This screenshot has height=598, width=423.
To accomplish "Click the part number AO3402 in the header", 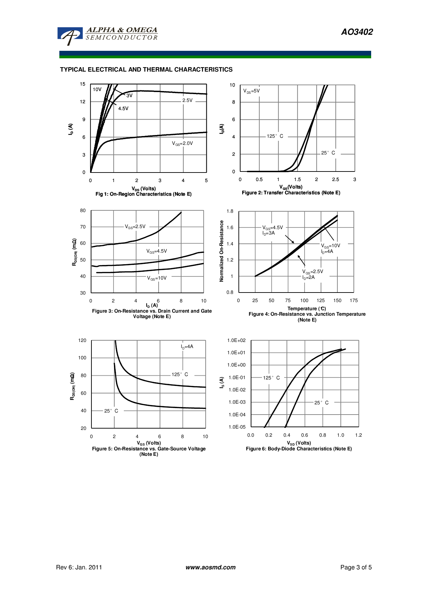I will coord(357,32).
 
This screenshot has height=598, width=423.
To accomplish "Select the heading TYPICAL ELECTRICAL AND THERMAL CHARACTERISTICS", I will coord(146,70).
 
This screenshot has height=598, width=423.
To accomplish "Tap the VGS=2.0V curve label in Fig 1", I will coord(182,144).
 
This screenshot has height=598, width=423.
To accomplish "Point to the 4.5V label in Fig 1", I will coord(123,108).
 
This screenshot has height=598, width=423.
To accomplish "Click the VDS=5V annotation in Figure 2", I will coord(251,91).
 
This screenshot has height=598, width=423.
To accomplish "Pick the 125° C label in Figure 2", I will coord(275,136).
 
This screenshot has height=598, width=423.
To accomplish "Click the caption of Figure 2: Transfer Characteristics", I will coord(291,193).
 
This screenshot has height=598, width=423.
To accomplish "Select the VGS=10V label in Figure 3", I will coord(157,278).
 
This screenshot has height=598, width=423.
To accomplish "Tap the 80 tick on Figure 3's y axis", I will coord(83,211).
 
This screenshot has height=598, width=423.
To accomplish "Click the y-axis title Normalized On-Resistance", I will coord(221,251).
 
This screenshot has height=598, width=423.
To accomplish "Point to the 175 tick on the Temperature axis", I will coord(354,300).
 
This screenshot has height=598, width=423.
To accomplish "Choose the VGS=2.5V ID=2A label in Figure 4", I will coord(312,274).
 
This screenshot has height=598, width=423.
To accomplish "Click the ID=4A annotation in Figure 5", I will coord(187,347).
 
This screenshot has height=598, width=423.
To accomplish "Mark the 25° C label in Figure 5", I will coord(111,411).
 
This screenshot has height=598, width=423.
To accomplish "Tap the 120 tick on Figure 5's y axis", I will coord(82,340).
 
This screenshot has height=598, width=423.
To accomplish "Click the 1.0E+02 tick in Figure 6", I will coord(236,340).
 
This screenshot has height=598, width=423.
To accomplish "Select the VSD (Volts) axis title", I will coord(299,443).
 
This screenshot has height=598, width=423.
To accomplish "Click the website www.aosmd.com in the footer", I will coord(210,567).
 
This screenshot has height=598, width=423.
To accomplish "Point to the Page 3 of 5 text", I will coord(356,567).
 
